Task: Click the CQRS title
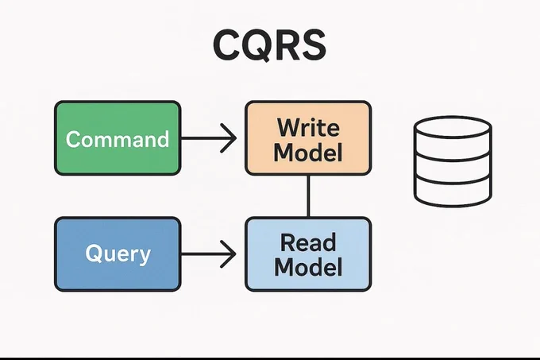269,45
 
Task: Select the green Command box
118,138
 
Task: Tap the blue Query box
118,254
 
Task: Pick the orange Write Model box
308,138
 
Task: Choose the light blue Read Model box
308,254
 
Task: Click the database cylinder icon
453,161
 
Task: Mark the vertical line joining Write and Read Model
308,196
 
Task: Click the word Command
118,139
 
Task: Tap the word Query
118,254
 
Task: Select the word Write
308,127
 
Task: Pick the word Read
308,242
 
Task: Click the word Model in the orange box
308,152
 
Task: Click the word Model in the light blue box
308,267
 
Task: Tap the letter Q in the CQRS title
255,45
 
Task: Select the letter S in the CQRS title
313,45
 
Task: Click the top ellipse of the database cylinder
453,127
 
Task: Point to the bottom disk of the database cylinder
453,193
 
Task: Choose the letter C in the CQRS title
226,45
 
